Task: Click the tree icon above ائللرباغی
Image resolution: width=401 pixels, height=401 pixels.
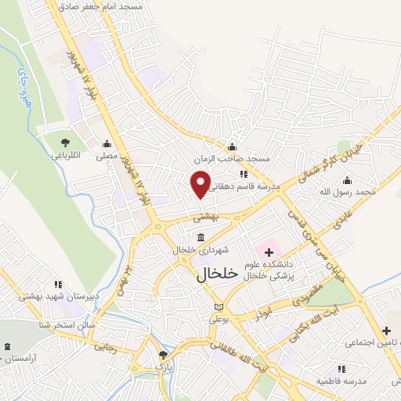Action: click(67, 142)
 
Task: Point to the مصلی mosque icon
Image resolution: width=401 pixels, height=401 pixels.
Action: click(108, 143)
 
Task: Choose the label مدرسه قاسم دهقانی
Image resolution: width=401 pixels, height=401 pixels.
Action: click(244, 186)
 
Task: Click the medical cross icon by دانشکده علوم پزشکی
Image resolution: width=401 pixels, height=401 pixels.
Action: click(269, 252)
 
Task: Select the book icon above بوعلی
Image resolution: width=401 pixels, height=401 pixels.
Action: click(219, 305)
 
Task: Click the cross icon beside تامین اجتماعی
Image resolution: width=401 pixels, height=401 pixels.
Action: click(385, 331)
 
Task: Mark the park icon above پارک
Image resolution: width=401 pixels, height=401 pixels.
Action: click(162, 355)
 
